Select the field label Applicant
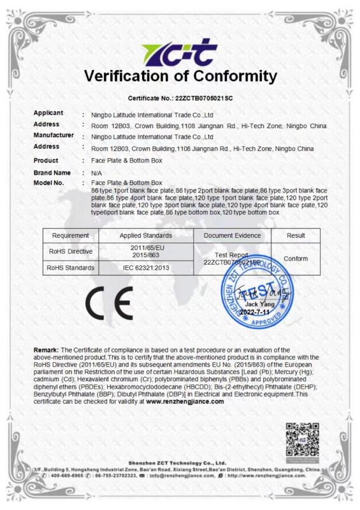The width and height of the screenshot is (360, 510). point(48,113)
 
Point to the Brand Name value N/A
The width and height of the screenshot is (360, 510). point(97,173)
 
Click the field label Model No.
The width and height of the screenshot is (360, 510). point(49,183)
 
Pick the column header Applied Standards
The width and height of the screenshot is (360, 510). point(147,236)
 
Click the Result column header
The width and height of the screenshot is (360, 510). point(296,236)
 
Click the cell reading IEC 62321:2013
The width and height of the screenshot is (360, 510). point(147,268)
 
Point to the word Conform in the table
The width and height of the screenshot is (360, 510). point(296,258)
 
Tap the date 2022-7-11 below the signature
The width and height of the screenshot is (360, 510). point(259,312)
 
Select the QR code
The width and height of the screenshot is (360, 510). point(301,439)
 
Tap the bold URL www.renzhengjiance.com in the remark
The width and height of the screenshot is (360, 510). point(185,402)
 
